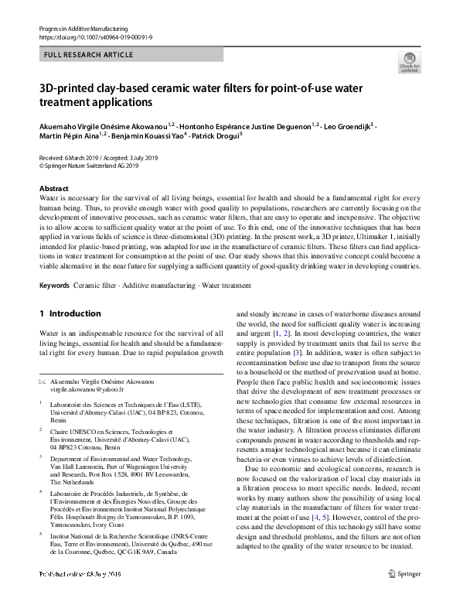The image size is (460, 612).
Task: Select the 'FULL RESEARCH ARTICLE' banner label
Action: point(89,55)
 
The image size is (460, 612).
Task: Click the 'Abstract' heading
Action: point(54,189)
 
